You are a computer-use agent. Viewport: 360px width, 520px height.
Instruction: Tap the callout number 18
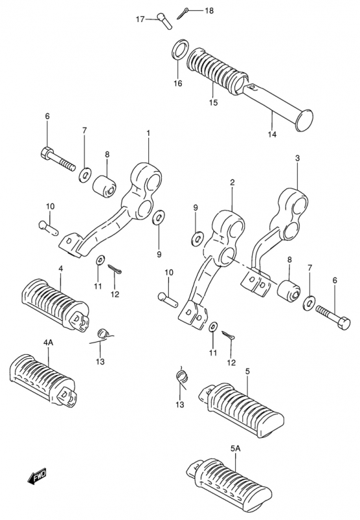click(x=209, y=11)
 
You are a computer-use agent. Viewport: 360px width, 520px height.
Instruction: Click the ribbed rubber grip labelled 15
click(x=217, y=70)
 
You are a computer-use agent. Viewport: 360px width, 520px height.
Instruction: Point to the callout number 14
click(x=272, y=135)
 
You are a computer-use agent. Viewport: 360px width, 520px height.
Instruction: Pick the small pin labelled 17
click(x=164, y=21)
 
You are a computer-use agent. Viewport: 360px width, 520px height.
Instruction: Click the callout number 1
click(x=148, y=133)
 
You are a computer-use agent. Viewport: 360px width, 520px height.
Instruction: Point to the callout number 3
click(x=298, y=158)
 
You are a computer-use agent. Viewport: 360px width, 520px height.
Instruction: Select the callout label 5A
click(x=235, y=448)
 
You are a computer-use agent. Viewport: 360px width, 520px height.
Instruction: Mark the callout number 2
click(x=232, y=182)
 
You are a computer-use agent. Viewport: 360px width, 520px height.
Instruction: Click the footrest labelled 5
click(x=241, y=409)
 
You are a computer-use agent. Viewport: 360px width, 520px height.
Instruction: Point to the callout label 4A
click(x=48, y=343)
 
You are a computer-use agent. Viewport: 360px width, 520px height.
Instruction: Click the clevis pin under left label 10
click(x=48, y=228)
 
